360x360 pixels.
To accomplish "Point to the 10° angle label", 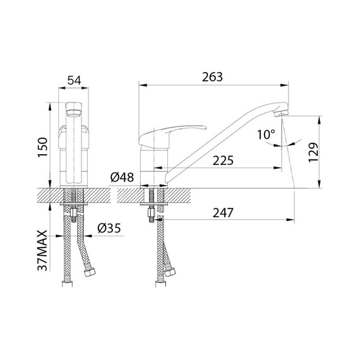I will tap(267, 134).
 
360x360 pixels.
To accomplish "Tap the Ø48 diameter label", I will tap(122, 178).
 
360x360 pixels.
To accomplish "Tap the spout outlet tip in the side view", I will tap(282, 112).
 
